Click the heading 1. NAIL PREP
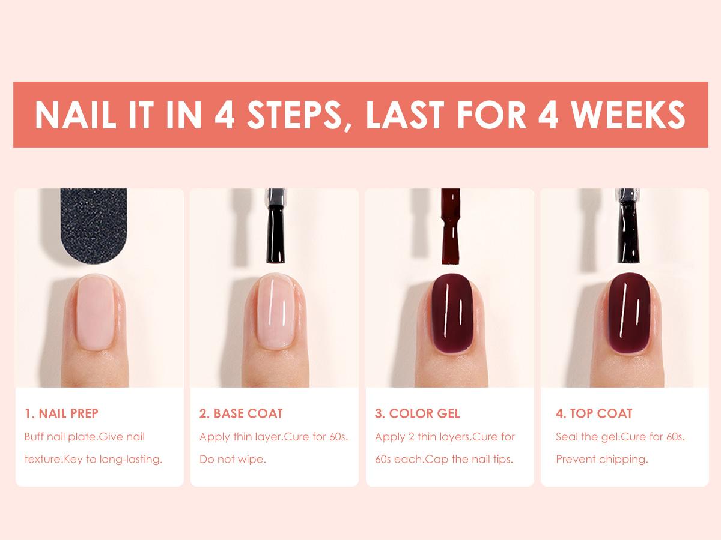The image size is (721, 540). pyautogui.click(x=61, y=413)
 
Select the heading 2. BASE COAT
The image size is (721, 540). pyautogui.click(x=241, y=413)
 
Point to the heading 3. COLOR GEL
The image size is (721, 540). pyautogui.click(x=418, y=413)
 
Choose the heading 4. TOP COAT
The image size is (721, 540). pyautogui.click(x=594, y=413)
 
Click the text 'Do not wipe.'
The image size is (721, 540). pyautogui.click(x=233, y=460)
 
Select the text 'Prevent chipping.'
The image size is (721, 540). pyautogui.click(x=601, y=460)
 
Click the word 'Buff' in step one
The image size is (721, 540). pyautogui.click(x=34, y=437)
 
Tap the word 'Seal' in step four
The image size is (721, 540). pyautogui.click(x=567, y=437)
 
